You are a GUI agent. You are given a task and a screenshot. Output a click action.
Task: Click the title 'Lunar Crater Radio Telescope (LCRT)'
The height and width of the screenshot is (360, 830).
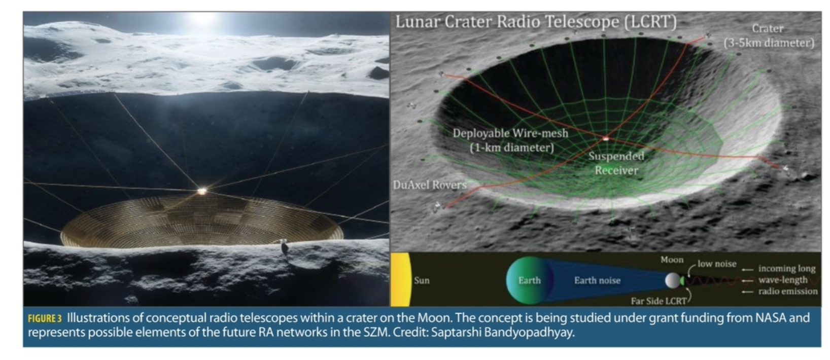pos(536,22)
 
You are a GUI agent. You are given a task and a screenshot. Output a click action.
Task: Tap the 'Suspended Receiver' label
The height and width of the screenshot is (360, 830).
pos(616,163)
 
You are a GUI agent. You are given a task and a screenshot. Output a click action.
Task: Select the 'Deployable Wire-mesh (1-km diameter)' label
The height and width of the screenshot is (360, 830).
pos(510,140)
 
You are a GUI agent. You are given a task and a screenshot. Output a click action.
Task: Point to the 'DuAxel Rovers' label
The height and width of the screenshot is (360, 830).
pos(430,185)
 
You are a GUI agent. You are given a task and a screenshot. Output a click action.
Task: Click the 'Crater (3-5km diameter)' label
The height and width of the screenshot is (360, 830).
pos(769,36)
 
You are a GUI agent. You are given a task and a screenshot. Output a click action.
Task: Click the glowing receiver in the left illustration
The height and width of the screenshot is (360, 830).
pos(202,191)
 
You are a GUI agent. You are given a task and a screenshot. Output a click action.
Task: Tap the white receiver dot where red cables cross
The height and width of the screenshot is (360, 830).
pos(606,139)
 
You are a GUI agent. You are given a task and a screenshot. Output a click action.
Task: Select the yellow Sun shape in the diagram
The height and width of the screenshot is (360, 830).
pos(401,279)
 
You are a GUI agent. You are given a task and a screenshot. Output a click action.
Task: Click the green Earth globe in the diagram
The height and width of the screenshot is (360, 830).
pos(529,280)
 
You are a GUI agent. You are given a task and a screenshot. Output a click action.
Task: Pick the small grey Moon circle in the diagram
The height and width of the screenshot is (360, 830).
pos(673,281)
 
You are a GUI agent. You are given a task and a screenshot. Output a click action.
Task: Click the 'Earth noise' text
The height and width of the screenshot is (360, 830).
pos(597,281)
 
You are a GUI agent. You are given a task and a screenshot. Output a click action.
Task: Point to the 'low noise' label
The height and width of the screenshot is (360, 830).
pos(717,264)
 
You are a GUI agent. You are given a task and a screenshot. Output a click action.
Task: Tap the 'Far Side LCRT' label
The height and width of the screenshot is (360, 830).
pos(659,302)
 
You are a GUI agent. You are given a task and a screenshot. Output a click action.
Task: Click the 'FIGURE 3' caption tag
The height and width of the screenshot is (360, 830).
pos(45,319)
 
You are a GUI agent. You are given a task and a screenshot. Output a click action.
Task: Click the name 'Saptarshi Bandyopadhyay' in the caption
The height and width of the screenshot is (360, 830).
pos(503,333)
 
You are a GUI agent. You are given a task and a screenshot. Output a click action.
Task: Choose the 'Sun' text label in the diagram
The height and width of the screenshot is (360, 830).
pos(422,280)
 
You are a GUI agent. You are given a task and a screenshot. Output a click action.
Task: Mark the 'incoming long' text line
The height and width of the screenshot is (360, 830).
pos(787,269)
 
